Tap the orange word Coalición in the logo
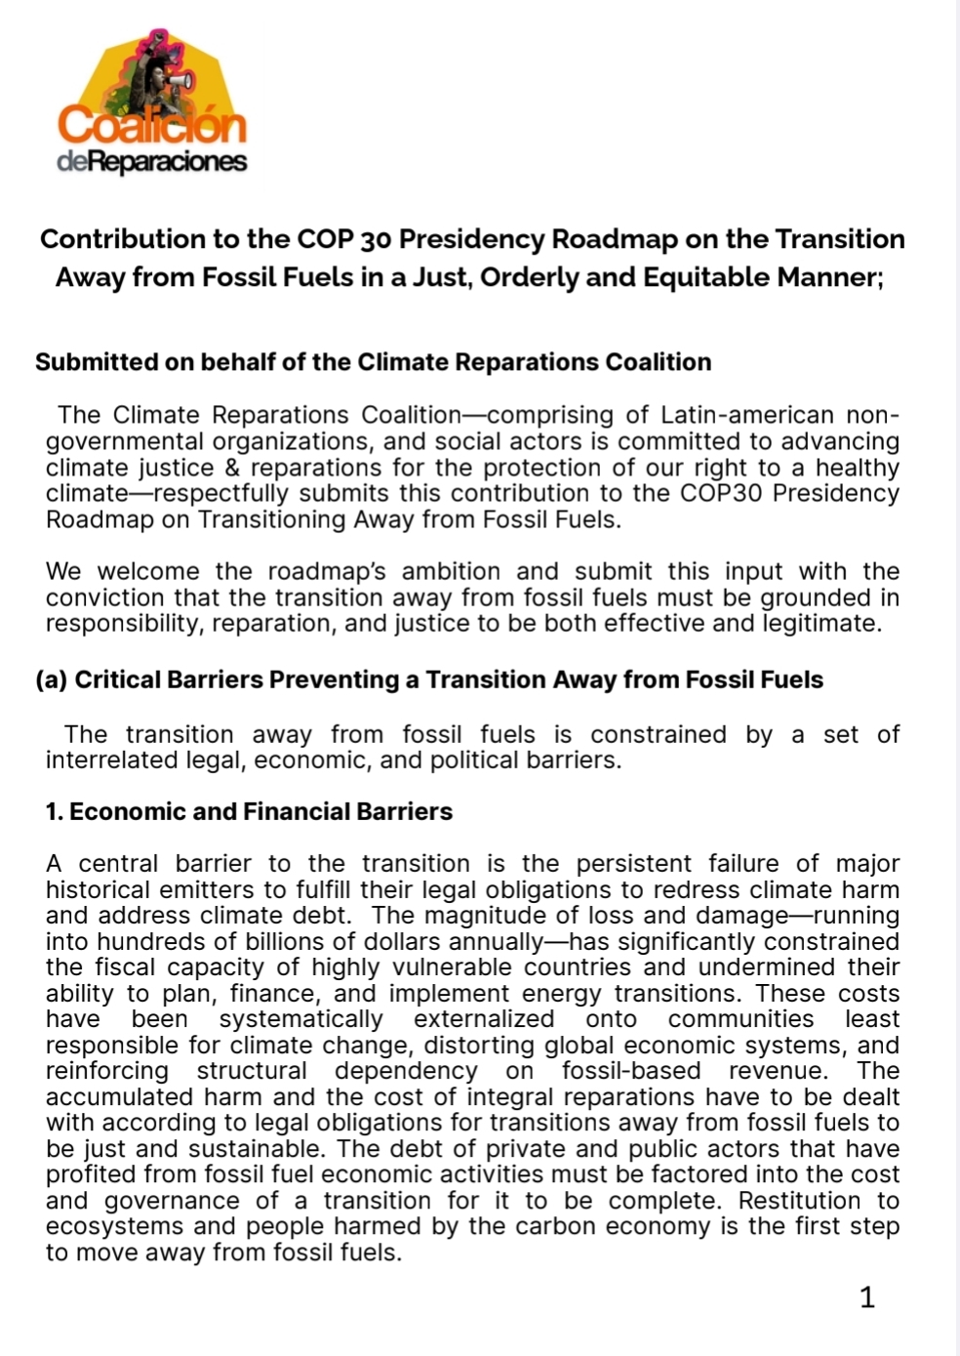pos(152,126)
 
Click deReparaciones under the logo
pos(152,161)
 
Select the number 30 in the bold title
pos(376,239)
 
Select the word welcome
pos(148,571)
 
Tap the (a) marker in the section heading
pos(51,680)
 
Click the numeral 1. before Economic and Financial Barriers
pos(55,812)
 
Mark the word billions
pos(290,941)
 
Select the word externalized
pos(484,1019)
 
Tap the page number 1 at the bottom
pos(867,1297)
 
